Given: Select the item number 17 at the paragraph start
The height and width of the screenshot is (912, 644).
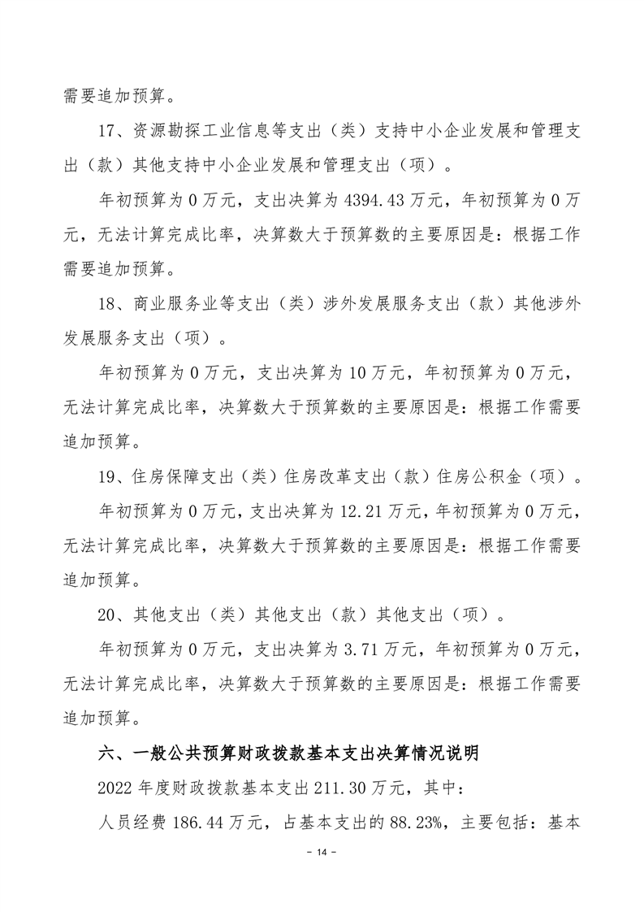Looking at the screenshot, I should point(109,133).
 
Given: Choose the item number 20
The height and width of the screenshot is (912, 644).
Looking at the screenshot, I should point(109,615).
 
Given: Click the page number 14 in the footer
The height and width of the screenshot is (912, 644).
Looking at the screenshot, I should point(322,875).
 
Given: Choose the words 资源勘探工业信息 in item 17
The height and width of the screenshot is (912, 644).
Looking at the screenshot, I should point(197,133).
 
